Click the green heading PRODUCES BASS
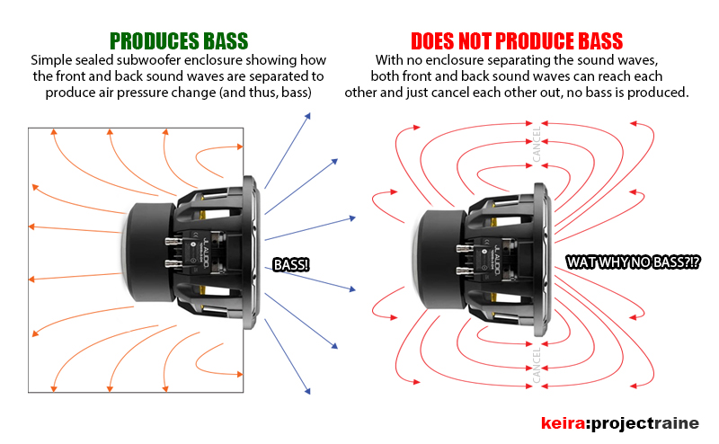178,41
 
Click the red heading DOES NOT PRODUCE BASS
517,41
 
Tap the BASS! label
291,264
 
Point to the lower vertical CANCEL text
537,365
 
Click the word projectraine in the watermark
648,422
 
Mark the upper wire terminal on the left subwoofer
171,237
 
